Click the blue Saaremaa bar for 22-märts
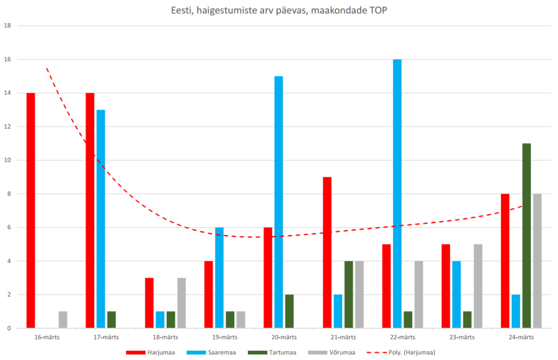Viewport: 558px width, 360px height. click(397, 193)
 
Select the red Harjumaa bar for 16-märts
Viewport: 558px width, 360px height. click(31, 210)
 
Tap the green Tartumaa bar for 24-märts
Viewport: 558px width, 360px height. click(526, 236)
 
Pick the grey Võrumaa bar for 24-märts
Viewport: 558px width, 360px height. click(537, 261)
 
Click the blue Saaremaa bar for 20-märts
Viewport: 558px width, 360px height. click(278, 202)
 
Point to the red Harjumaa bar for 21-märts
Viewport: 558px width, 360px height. click(327, 253)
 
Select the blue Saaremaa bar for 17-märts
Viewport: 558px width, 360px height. click(101, 219)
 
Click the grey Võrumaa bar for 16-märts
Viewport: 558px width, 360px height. click(63, 320)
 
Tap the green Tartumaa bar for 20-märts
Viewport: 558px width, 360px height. click(289, 311)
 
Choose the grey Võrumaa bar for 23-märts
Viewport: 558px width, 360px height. click(478, 286)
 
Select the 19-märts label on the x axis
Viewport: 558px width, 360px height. click(225, 337)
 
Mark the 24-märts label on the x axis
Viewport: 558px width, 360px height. click(521, 337)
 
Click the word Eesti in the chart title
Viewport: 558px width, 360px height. click(183, 10)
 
